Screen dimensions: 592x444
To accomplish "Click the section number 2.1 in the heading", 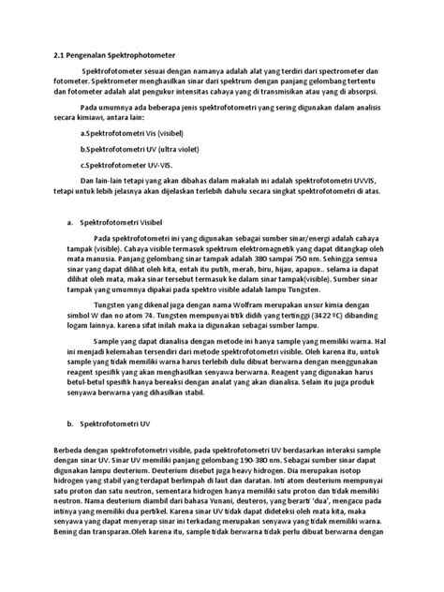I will pos(59,56).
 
